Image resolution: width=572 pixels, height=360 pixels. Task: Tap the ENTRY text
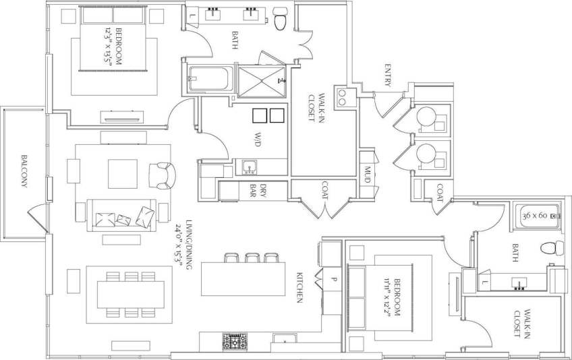coord(388,74)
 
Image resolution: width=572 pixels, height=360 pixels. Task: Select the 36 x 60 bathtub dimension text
coord(537,216)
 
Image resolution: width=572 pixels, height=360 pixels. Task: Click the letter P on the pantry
coord(333,278)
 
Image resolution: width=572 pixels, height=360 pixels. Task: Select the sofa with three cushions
coord(123,216)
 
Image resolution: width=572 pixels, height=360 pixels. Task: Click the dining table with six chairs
coord(127,294)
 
